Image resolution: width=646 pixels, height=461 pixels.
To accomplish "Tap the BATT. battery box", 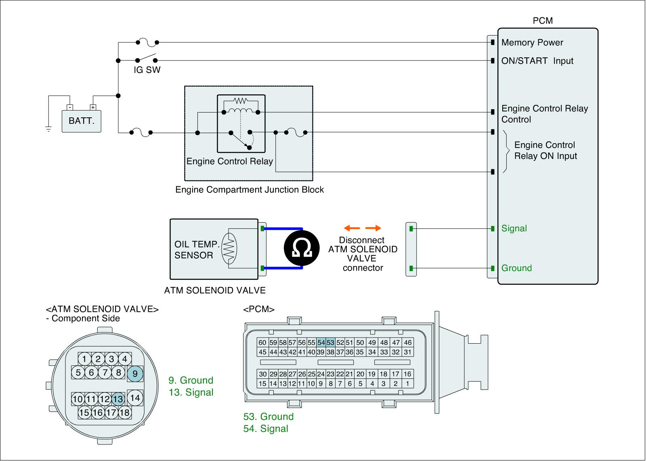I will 81,121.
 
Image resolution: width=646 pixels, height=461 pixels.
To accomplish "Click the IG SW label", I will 147,70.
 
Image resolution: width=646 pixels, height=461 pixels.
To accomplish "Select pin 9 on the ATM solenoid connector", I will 135,374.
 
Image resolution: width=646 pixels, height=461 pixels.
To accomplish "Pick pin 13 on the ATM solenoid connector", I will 118,399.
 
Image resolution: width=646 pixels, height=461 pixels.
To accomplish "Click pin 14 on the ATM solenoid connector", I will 135,398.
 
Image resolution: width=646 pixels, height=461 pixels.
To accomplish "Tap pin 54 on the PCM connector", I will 321,342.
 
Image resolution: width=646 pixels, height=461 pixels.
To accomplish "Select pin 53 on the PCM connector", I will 330,342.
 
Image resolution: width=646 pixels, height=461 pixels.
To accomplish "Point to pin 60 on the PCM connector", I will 262,342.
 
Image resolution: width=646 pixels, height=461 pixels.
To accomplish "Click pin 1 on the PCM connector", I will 407,384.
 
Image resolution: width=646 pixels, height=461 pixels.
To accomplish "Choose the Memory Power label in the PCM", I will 532,43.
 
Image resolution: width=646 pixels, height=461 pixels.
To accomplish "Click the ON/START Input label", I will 537,61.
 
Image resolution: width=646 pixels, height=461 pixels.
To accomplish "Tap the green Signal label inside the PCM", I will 514,229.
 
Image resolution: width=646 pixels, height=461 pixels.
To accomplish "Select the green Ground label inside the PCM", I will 516,268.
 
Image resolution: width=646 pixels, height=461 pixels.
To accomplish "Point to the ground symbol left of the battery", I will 48,129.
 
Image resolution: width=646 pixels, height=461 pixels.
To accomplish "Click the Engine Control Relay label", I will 230,162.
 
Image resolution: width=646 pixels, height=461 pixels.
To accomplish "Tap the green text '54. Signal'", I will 266,429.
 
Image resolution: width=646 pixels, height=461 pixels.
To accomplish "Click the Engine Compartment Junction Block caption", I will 250,190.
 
